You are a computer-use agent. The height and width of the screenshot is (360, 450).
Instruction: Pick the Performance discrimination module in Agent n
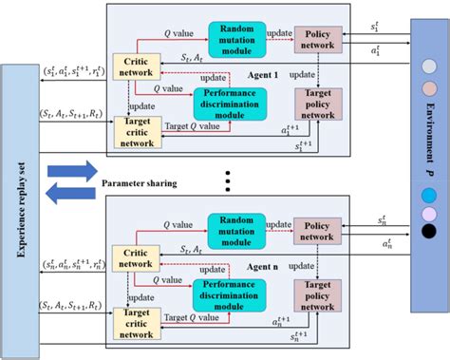coord(230,291)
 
